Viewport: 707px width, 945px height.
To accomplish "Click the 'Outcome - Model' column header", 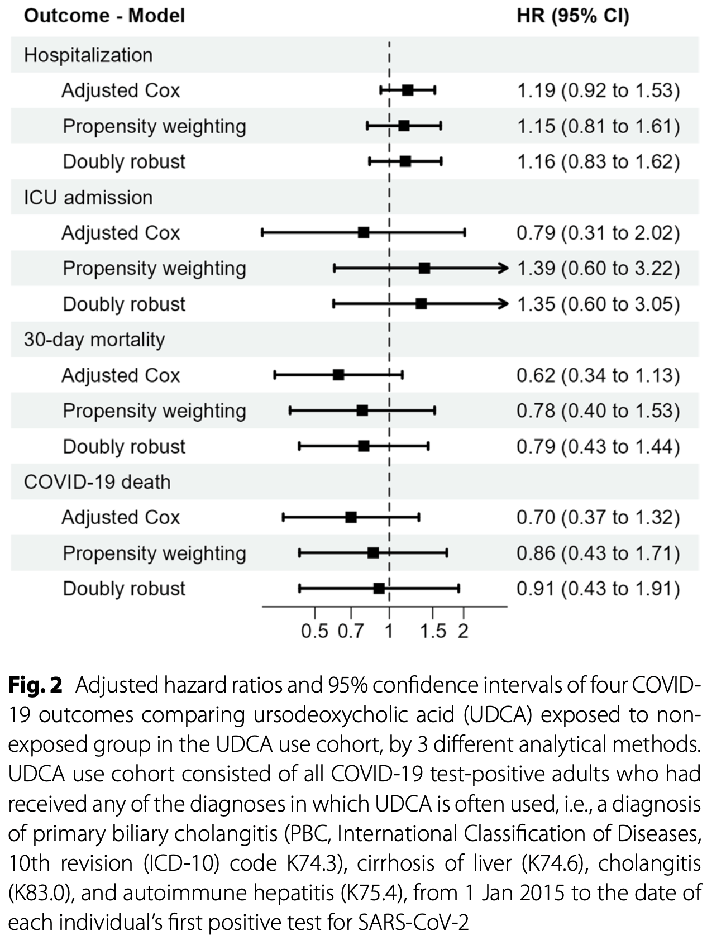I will point(104,16).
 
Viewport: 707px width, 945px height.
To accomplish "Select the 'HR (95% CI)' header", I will point(572,16).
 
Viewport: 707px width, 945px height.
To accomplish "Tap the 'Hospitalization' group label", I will point(88,55).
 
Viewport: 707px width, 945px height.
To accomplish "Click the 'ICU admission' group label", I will point(88,197).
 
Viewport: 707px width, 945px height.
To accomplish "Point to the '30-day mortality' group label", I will point(94,340).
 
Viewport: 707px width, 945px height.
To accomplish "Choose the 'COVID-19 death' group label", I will point(97,481).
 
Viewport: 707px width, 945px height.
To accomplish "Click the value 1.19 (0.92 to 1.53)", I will point(598,90).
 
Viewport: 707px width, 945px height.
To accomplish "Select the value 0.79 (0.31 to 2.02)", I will point(598,233).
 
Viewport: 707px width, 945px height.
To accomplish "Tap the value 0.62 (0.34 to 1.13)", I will point(598,375).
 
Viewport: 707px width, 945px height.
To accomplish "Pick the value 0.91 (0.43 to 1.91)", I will point(598,589).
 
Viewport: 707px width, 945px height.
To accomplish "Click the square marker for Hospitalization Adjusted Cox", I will point(408,90).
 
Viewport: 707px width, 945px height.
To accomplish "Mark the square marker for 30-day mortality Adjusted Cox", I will point(338,375).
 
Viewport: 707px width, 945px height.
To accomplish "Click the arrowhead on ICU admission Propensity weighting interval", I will point(504,268).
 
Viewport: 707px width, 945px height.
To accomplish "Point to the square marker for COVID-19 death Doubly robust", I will point(379,588).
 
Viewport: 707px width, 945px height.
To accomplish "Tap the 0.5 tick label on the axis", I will point(314,631).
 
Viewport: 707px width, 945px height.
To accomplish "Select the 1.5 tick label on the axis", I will point(433,631).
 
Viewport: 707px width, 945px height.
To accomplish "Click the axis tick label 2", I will point(463,631).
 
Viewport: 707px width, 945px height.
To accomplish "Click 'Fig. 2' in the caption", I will point(35,685).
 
